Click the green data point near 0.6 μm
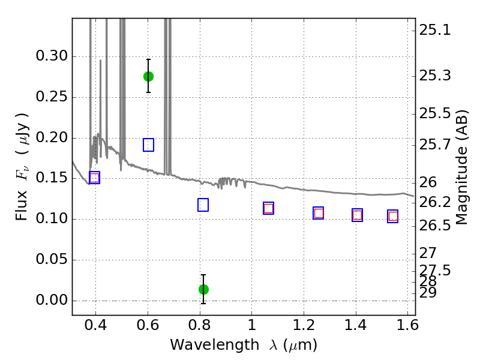(x=148, y=76)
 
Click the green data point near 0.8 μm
(x=203, y=289)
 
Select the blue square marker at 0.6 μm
(x=148, y=145)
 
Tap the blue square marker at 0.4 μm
(x=94, y=178)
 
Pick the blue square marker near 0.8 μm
(x=203, y=205)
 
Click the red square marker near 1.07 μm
(x=268, y=208)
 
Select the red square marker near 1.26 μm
(x=319, y=213)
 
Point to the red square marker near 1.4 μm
(x=357, y=215)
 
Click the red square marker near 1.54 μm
(x=393, y=216)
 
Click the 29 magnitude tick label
(x=430, y=293)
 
